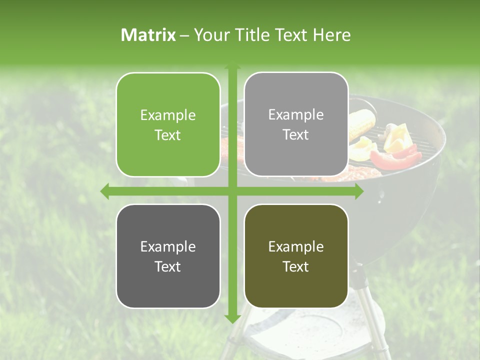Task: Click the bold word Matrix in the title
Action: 148,35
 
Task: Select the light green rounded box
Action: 168,124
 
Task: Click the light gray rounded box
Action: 296,124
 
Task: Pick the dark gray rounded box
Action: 168,256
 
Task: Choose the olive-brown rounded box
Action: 296,256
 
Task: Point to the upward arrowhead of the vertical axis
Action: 232,66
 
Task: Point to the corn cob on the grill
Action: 361,125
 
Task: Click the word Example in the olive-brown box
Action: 296,246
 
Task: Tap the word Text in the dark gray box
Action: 168,266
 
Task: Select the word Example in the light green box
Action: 168,115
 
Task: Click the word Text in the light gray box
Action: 296,134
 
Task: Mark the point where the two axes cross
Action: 232,191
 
